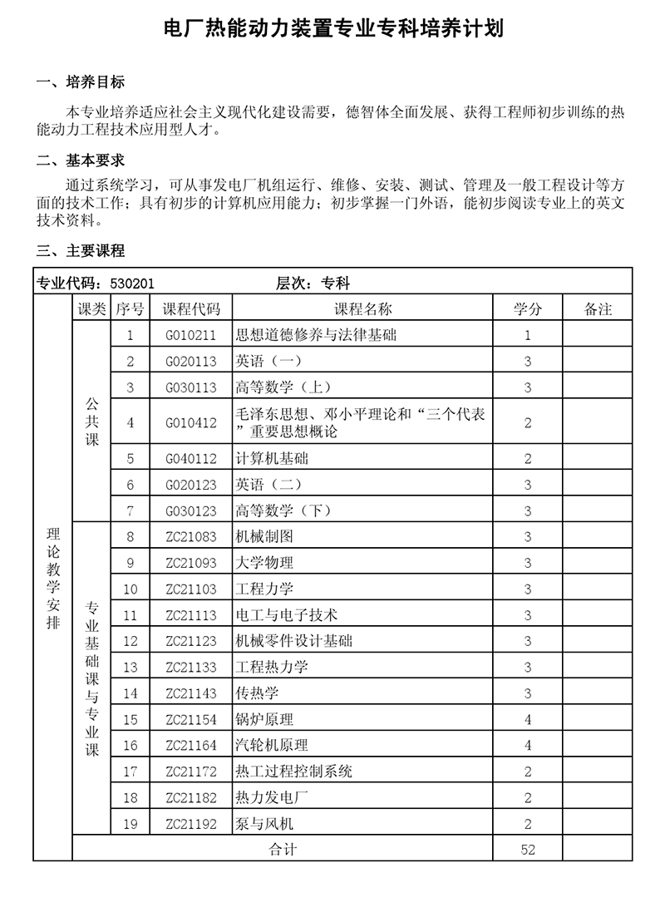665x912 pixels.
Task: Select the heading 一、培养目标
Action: [81, 82]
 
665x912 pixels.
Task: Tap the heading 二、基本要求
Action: [81, 160]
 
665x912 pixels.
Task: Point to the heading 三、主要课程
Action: [81, 250]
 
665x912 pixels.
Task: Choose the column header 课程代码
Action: [191, 309]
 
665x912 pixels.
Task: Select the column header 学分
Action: [528, 309]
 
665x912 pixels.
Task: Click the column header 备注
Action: [598, 309]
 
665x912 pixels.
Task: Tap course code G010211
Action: [191, 336]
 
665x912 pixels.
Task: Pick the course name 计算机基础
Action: [272, 459]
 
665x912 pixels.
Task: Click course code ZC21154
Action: [191, 720]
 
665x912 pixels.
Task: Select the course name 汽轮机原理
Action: [272, 746]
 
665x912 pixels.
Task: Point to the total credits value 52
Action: [528, 850]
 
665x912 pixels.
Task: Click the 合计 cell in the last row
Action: [283, 850]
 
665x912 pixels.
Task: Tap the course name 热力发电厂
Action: [272, 798]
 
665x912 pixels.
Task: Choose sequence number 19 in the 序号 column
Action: [130, 825]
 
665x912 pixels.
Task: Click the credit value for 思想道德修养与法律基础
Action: [528, 336]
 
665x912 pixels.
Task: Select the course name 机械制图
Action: [264, 537]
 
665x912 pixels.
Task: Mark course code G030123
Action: [191, 511]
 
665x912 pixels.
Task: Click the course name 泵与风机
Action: [264, 825]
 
